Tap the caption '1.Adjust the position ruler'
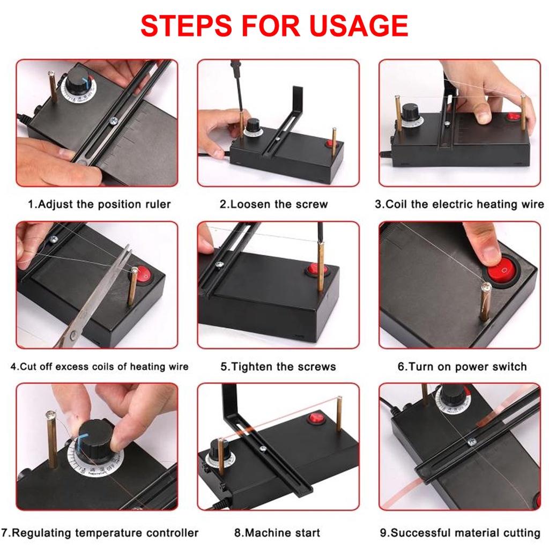[99, 204]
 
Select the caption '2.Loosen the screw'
[273, 204]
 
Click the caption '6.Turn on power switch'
[462, 367]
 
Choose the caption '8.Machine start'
[277, 533]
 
